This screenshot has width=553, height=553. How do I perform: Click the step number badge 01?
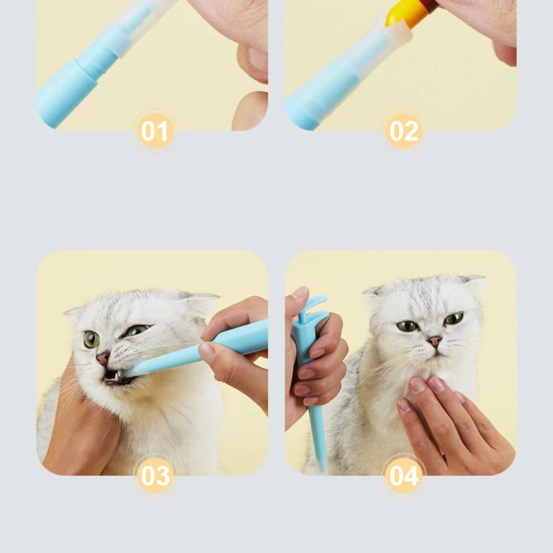pyautogui.click(x=155, y=131)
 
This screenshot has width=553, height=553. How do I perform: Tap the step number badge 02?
pyautogui.click(x=404, y=131)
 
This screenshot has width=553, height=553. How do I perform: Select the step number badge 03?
pyautogui.click(x=155, y=476)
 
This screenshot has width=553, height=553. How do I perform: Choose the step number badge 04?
pyautogui.click(x=404, y=476)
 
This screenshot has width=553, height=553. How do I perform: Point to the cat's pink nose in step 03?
pyautogui.click(x=103, y=358)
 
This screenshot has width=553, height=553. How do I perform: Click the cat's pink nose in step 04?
pyautogui.click(x=435, y=341)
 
